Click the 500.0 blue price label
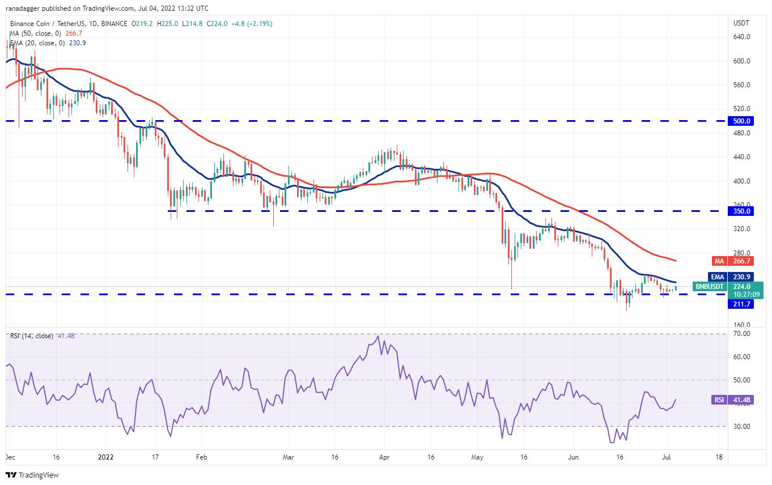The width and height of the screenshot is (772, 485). point(742,121)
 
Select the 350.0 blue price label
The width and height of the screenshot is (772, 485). point(742,211)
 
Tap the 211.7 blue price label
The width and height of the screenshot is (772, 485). point(742,304)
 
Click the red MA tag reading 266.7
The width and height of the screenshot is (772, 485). point(742,261)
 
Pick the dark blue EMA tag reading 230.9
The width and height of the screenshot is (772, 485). point(742,277)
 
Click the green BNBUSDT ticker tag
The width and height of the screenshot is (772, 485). point(709,287)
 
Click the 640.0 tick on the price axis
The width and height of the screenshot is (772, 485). point(742,37)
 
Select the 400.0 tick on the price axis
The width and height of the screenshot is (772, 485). point(742,181)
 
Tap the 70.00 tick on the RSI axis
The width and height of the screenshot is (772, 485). point(741,334)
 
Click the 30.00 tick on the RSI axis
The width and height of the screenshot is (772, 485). point(741,426)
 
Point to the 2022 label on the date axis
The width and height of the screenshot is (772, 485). point(105,457)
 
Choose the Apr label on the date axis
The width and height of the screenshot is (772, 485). point(384,457)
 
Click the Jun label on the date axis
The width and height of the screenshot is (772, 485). point(574,457)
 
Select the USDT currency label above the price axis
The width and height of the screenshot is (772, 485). point(741,23)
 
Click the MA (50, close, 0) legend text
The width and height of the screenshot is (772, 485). point(36,33)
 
